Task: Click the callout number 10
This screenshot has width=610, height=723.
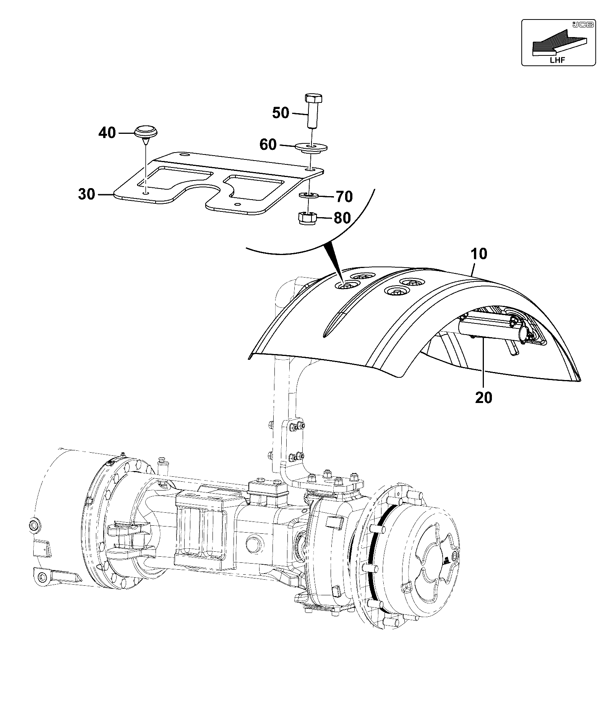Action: (479, 254)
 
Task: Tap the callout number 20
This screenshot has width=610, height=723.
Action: (484, 398)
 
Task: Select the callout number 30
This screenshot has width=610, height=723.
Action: (86, 194)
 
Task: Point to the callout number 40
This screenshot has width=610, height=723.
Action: (107, 133)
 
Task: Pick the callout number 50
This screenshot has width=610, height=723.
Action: (281, 113)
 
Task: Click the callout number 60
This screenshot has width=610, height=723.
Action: (268, 145)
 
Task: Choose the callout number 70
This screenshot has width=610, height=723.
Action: (344, 197)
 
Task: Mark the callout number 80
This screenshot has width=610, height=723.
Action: (342, 218)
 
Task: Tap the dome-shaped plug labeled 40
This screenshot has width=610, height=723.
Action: (146, 133)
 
